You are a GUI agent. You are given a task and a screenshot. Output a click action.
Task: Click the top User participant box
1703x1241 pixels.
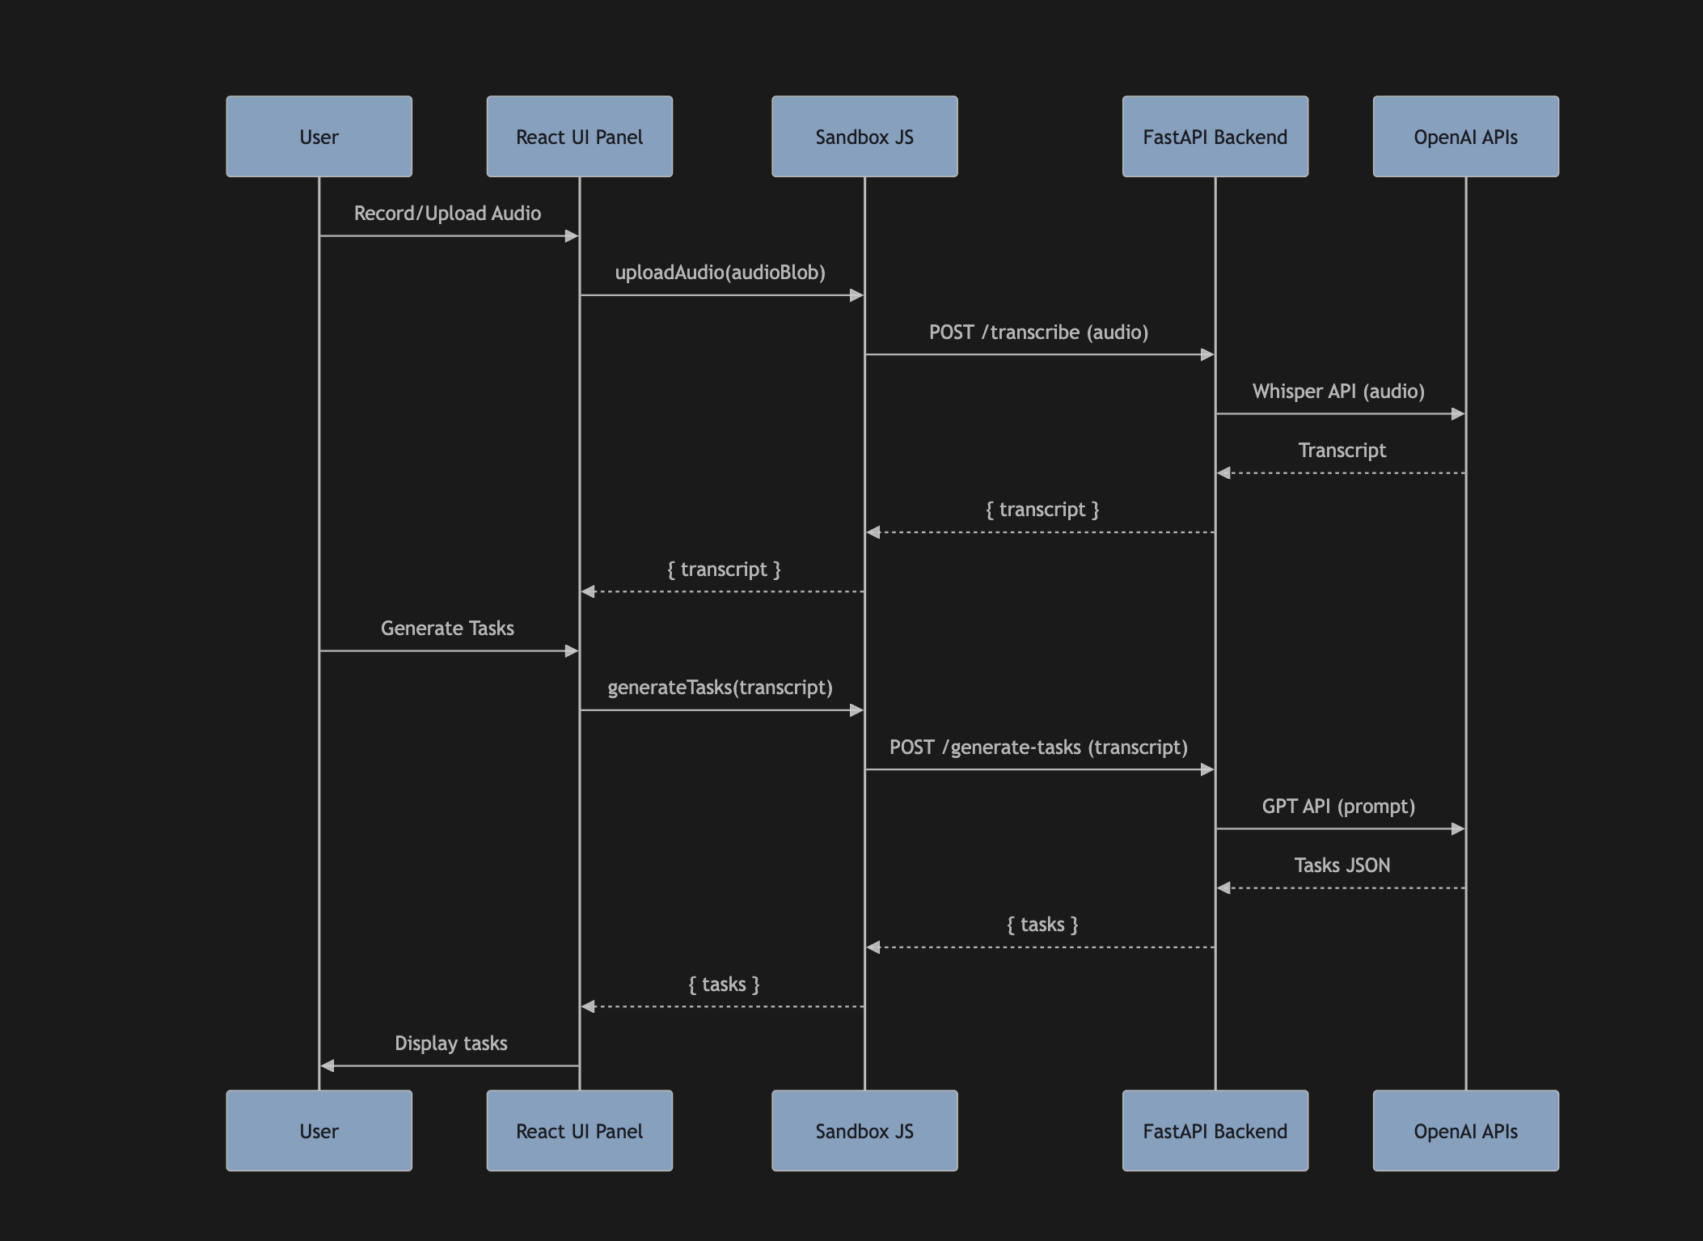(319, 137)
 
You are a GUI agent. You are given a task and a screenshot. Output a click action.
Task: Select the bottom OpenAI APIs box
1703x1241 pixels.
(1465, 1131)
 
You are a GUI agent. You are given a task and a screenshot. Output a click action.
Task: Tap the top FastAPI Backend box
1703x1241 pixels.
(1215, 137)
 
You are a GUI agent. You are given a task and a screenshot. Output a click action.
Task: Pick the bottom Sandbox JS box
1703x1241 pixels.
(864, 1131)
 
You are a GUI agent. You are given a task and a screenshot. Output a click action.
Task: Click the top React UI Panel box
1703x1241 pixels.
(579, 137)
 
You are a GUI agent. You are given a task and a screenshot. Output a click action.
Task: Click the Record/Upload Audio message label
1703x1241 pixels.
(447, 214)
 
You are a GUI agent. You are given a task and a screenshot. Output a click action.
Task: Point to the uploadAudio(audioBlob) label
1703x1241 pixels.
(720, 273)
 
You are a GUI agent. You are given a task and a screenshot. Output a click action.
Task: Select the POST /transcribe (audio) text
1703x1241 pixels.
(1038, 332)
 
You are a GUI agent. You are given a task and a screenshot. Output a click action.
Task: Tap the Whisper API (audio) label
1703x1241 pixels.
(1338, 392)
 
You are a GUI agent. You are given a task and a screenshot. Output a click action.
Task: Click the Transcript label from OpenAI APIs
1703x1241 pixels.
(1342, 451)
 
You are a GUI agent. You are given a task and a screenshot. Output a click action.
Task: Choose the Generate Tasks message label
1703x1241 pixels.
(447, 629)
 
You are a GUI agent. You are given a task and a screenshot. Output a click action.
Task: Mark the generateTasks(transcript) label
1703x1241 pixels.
(720, 688)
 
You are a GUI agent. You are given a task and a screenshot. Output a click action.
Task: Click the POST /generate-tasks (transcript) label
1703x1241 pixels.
(1038, 748)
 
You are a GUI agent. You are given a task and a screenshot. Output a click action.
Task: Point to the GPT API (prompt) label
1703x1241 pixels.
(1338, 807)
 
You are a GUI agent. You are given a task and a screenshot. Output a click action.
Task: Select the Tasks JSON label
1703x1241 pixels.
(1342, 866)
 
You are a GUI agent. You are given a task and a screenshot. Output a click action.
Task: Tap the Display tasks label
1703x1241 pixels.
(450, 1044)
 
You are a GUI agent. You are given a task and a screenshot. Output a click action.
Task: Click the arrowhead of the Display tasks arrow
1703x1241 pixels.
(327, 1066)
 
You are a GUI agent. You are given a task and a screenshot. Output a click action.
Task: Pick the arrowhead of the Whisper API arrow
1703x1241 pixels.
(1458, 414)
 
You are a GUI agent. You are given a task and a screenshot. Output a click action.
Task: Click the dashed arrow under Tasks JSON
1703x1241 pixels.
(1342, 888)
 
